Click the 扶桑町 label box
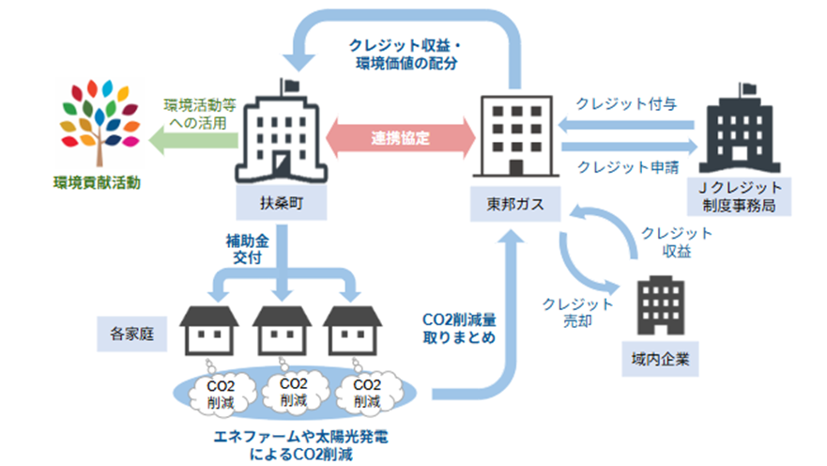click(281, 203)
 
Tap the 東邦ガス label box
click(514, 204)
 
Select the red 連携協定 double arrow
click(400, 138)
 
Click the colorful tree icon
click(100, 122)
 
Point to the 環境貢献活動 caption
click(97, 182)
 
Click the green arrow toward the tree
click(193, 140)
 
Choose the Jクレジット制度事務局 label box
click(739, 196)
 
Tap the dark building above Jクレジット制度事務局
click(739, 130)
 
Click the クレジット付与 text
click(626, 104)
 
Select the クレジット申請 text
click(628, 167)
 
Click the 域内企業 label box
click(660, 359)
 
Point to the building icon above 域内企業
click(660, 305)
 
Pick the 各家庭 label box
click(131, 334)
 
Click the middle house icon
click(283, 331)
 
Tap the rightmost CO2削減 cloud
click(367, 393)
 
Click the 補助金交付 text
click(248, 249)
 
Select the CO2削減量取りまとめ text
click(459, 328)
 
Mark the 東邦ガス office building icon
click(516, 136)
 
